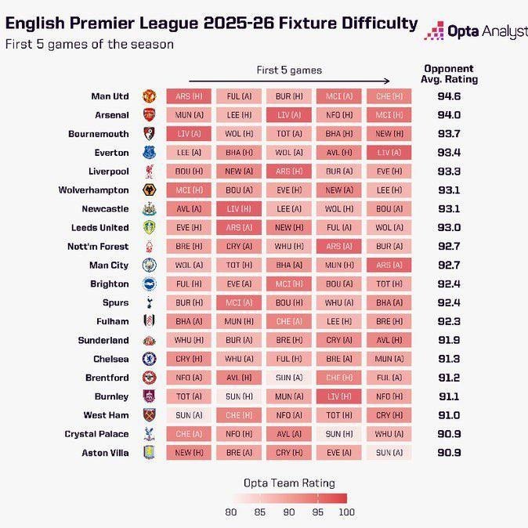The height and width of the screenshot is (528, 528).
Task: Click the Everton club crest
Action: tap(149, 153)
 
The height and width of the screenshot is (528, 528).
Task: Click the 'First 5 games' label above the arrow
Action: tap(289, 70)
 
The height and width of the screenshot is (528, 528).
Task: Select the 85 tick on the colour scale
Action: tap(259, 512)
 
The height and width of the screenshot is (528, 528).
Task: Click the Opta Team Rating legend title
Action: tap(289, 483)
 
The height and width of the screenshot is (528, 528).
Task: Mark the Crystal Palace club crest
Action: tap(149, 434)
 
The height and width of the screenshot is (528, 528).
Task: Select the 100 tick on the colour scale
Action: tap(345, 512)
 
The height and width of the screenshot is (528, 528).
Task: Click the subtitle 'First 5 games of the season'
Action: tap(89, 44)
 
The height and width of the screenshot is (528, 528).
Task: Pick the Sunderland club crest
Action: tap(149, 340)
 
